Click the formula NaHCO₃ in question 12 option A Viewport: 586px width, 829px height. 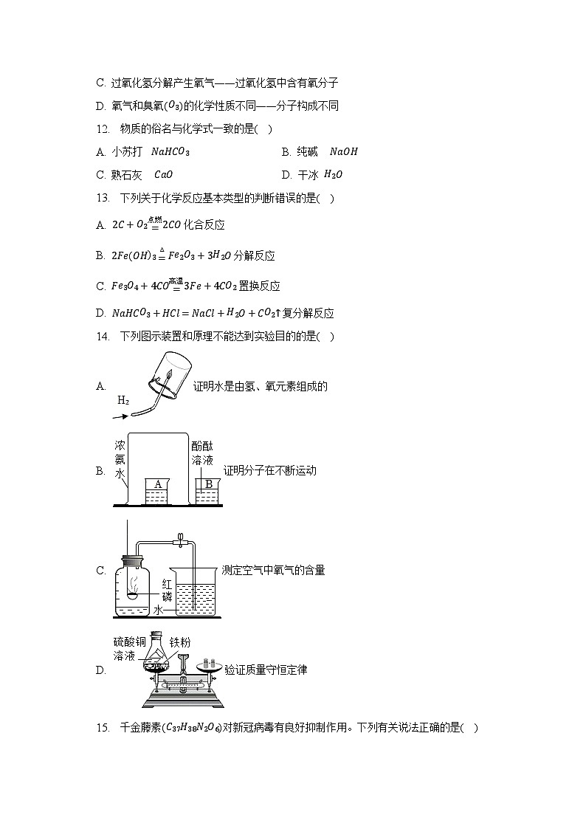click(170, 152)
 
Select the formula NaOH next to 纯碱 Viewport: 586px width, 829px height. click(343, 152)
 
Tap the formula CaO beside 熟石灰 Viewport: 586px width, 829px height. click(163, 175)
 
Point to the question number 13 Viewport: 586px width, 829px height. click(103, 198)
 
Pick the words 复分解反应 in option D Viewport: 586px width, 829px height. click(314, 313)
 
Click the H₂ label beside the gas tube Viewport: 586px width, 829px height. click(123, 401)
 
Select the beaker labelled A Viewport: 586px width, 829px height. click(157, 491)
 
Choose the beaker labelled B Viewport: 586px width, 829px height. click(208, 491)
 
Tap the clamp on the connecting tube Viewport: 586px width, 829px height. click(179, 541)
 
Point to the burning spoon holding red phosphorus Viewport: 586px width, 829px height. click(133, 595)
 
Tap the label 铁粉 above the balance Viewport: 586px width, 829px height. click(181, 642)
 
